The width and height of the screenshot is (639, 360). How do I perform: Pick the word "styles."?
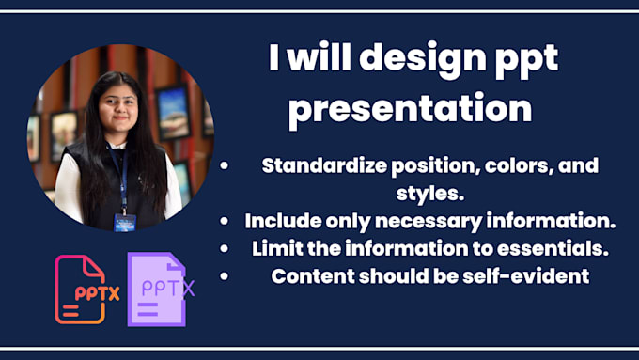tap(430, 194)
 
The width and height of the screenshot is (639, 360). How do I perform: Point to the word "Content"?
tap(308, 276)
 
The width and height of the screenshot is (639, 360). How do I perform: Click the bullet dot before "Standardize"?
tap(225, 166)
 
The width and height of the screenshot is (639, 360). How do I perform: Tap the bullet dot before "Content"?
tap(225, 276)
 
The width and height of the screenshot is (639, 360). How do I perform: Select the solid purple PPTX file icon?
tap(158, 289)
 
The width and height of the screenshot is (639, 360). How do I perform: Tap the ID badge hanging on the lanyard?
tap(124, 222)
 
